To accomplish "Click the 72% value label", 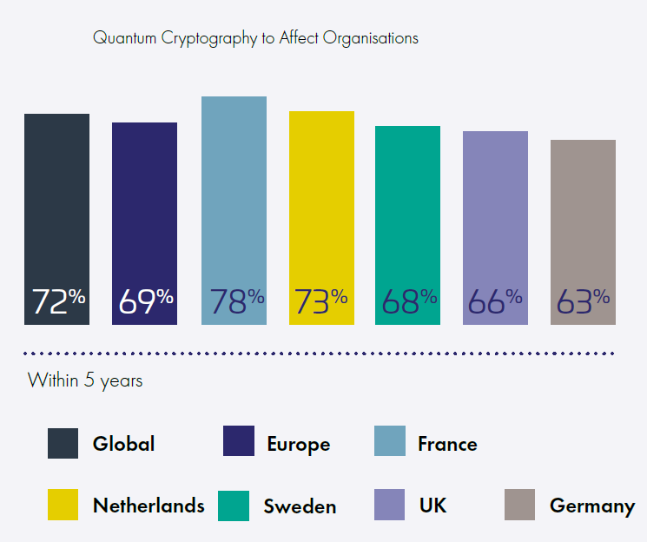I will coord(58,301).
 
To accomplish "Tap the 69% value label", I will coord(145,301).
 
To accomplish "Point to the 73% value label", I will coord(321,301).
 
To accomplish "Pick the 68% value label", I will coord(409,301).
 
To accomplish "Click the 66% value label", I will coord(495,301).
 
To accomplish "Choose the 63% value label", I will coord(583,301).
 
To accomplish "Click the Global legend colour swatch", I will coord(63,443).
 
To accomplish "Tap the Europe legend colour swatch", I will coord(238,442).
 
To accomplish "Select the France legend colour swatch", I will coord(389,442).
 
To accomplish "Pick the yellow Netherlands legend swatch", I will coord(63,505).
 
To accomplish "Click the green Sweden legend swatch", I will coord(233,506).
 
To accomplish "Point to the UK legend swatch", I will coord(389,505).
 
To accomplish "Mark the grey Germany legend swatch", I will coord(519,505).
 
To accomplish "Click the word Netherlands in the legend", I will coord(149,506).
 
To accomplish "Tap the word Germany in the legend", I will coord(591,506).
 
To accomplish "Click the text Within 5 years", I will coord(85,380).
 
